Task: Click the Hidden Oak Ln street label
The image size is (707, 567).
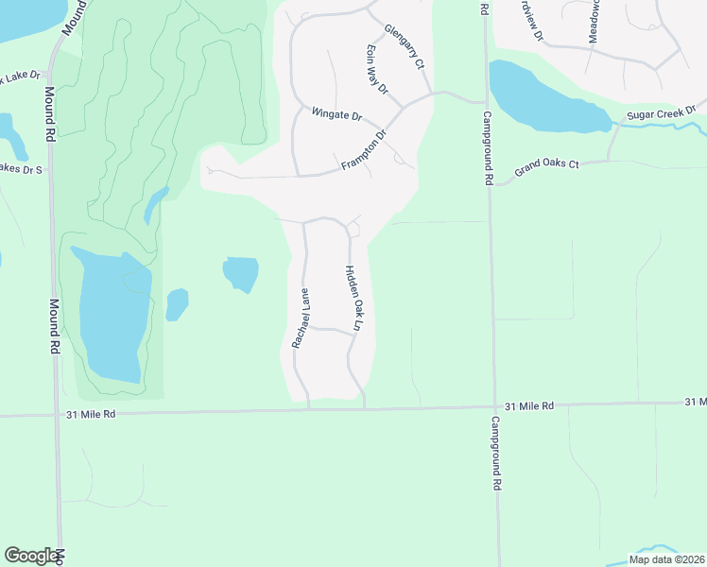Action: coord(353,298)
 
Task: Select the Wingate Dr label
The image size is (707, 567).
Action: coord(336,115)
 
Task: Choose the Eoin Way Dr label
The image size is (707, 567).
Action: coord(377,69)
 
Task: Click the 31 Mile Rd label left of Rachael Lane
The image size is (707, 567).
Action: coord(91,414)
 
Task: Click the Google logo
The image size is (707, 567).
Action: coord(31,555)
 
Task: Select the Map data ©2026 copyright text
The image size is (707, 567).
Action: coord(665,559)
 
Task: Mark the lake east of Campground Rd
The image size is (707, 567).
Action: coord(543,99)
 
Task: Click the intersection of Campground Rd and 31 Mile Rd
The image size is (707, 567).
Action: coord(492,407)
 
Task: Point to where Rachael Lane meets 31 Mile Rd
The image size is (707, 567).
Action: coord(309,409)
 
